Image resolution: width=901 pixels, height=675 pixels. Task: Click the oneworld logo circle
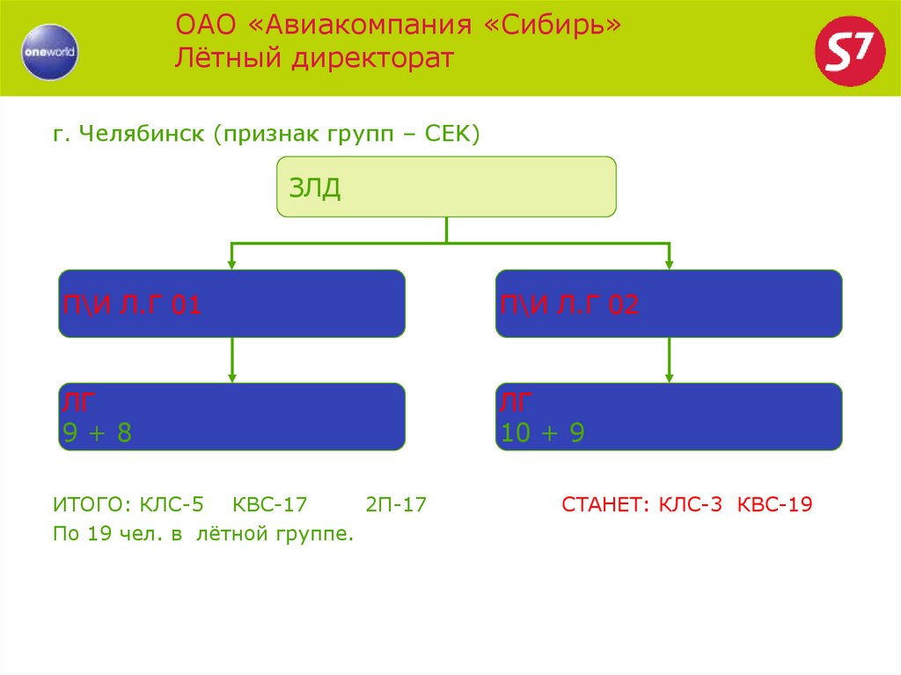[50, 51]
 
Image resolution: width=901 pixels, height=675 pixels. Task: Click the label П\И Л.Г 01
[132, 305]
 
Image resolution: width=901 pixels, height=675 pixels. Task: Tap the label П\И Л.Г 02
[569, 305]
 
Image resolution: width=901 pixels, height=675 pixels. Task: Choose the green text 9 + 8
[97, 432]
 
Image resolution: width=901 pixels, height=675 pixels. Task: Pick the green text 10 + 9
[542, 432]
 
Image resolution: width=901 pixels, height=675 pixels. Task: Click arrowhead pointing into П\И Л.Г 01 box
[231, 263]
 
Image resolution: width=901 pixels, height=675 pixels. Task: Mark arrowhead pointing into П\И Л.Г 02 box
[669, 263]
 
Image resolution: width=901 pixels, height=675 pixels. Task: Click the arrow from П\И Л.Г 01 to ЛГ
[231, 359]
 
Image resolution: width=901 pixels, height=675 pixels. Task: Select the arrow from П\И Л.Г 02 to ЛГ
[669, 359]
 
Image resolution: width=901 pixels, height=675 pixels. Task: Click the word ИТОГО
[90, 505]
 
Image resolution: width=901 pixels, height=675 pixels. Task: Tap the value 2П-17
[396, 505]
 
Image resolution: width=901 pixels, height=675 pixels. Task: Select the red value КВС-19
[774, 505]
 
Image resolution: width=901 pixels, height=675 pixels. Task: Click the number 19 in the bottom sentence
[97, 534]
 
